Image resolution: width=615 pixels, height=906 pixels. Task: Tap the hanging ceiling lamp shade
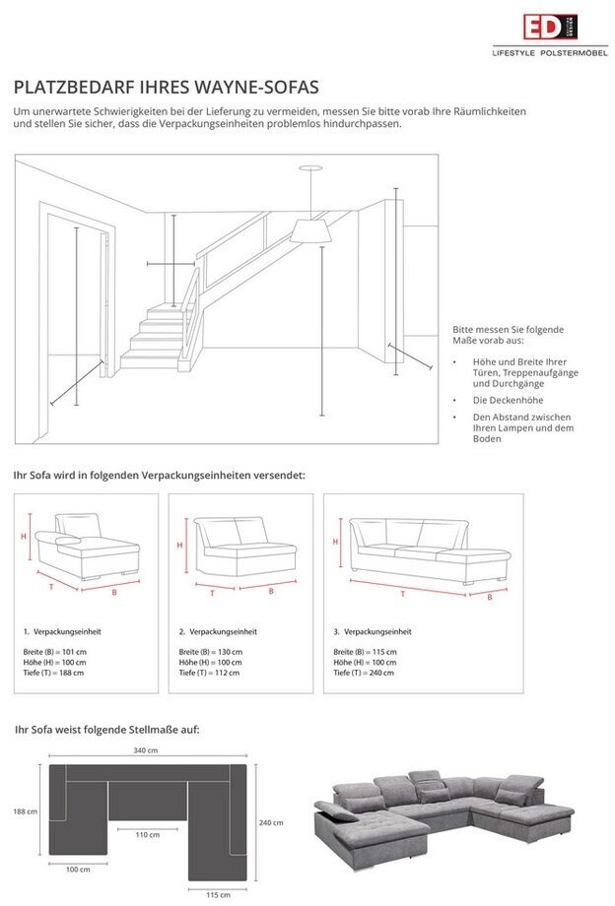pos(310,229)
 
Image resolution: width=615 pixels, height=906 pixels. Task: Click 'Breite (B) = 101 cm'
pos(54,652)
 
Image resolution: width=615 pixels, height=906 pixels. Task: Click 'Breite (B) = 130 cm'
pos(210,652)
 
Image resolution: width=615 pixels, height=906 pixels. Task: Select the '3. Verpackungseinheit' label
pos(373,631)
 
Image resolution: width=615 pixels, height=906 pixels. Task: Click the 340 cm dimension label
pos(145,750)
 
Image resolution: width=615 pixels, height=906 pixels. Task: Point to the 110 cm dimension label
pos(147,834)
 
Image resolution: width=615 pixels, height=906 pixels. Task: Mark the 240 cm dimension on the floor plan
pos(272,822)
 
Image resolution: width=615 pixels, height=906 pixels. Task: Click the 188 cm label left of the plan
pos(26,811)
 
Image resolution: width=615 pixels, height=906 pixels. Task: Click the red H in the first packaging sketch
pos(24,536)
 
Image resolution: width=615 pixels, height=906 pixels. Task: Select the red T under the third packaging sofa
pos(401,594)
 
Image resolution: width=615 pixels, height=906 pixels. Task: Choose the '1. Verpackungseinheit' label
pos(62,631)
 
